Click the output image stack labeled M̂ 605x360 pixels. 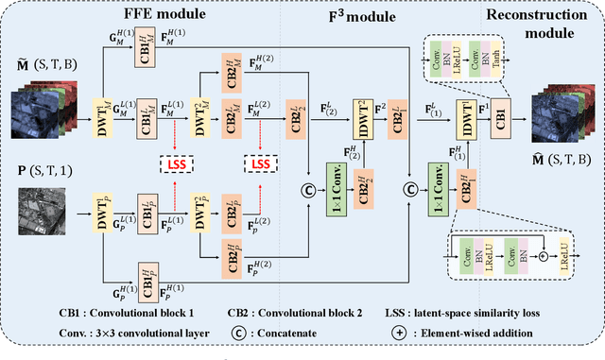pyautogui.click(x=558, y=116)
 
